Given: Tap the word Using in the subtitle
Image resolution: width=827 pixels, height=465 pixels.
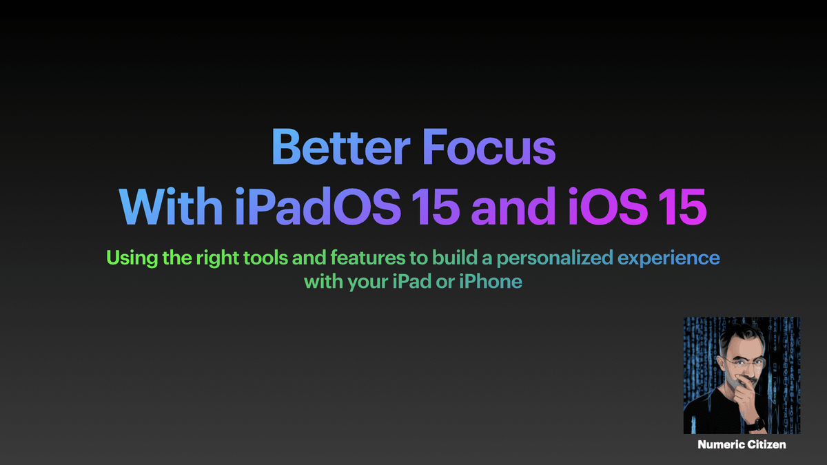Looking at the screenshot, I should click(127, 258).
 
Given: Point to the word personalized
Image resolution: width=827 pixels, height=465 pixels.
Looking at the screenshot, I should click(555, 260).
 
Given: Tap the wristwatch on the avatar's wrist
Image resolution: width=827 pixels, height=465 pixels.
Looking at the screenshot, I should click(755, 423).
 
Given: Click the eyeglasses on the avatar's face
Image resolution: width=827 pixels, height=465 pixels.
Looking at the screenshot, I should click(738, 362).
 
